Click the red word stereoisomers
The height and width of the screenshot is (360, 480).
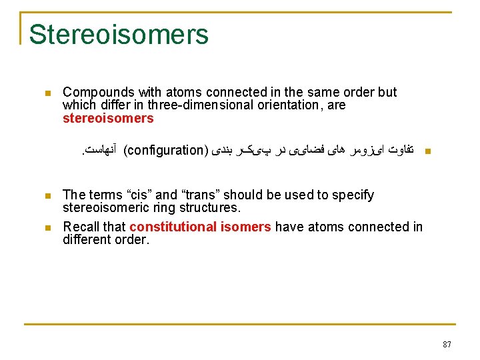click(108, 119)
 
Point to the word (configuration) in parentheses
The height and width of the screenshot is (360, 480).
click(167, 149)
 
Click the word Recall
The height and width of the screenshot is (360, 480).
click(81, 227)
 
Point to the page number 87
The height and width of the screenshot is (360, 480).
click(447, 345)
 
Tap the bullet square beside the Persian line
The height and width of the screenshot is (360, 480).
click(428, 151)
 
